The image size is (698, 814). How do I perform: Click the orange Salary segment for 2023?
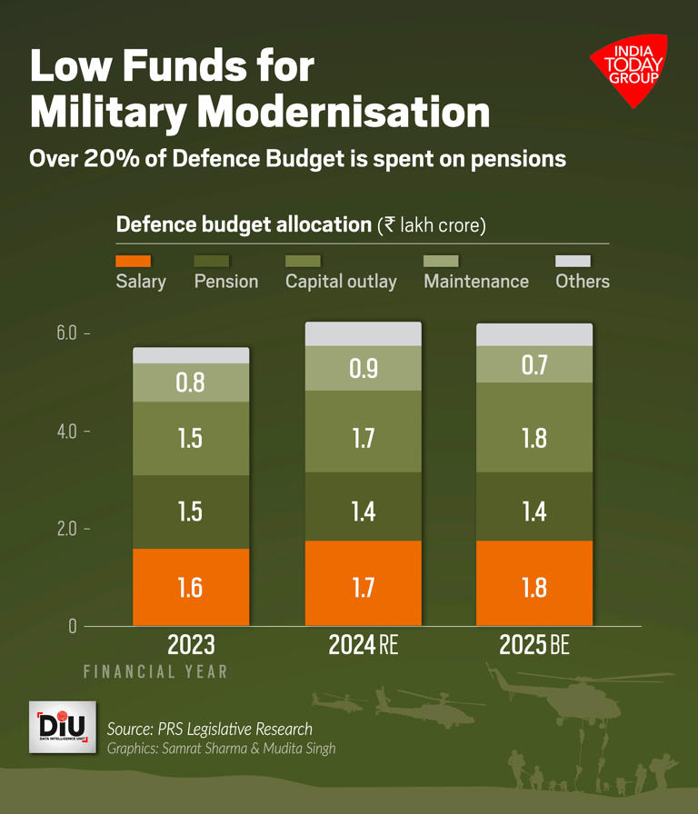[x=191, y=587]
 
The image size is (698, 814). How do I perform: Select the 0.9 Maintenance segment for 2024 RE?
[x=363, y=368]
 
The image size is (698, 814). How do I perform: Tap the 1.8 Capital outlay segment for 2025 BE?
[x=534, y=438]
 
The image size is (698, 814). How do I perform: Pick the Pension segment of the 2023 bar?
[x=191, y=511]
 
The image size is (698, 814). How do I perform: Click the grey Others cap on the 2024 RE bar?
[x=363, y=333]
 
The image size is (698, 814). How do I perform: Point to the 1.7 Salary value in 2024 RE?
[x=363, y=587]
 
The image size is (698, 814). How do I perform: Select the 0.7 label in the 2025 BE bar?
[x=534, y=365]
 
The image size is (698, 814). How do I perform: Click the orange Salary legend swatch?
[x=133, y=261]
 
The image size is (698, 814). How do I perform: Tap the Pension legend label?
[x=225, y=282]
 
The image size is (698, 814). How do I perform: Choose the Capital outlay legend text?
[x=341, y=282]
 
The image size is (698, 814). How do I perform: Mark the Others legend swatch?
[x=573, y=261]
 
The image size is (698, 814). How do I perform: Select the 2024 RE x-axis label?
[x=363, y=645]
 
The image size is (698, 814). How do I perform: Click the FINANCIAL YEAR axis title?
[x=155, y=672]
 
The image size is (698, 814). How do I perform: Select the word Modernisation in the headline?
[x=343, y=113]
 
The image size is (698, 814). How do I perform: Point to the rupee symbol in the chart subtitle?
[x=389, y=225]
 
